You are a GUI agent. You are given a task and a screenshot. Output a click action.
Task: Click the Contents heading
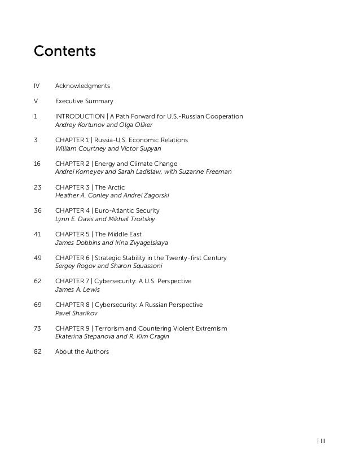click(65, 52)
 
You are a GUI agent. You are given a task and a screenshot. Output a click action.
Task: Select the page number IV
click(37, 86)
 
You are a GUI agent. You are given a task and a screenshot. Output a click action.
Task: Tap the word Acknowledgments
click(82, 86)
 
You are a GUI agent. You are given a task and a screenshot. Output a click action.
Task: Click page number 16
click(38, 164)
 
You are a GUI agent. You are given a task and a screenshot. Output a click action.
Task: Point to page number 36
click(38, 211)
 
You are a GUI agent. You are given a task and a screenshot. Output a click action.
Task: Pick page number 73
click(38, 328)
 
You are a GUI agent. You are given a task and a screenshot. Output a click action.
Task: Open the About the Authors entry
click(82, 351)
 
